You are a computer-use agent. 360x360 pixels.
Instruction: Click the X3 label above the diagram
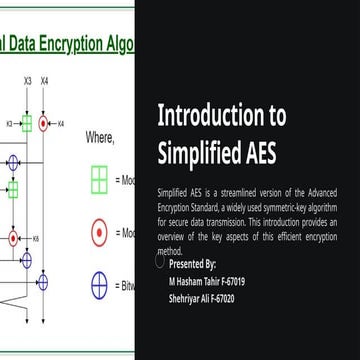27,80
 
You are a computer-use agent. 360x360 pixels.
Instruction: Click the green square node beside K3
27,123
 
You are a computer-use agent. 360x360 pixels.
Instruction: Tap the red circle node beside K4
46,123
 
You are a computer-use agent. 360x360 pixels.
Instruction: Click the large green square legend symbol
99,179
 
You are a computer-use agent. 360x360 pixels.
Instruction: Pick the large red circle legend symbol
99,233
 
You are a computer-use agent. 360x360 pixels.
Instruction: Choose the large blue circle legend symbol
99,286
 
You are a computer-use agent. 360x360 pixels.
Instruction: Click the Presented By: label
192,264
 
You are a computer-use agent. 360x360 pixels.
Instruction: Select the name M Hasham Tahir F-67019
207,281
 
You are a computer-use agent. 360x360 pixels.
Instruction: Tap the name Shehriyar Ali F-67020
203,298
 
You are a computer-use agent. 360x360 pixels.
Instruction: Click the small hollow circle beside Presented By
160,262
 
